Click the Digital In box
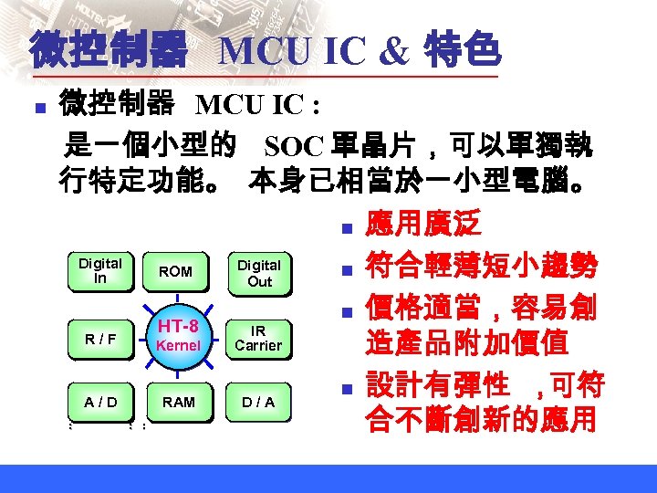[x=99, y=271]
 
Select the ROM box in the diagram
[x=175, y=271]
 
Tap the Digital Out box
[x=259, y=272]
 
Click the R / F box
[x=100, y=339]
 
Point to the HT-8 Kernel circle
[x=178, y=335]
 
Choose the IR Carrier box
[x=258, y=337]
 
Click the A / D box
[x=100, y=402]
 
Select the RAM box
[x=178, y=402]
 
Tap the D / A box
[x=258, y=402]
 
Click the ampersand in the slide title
[x=393, y=52]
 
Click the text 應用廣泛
[x=422, y=225]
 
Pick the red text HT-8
[x=178, y=326]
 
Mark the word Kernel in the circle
[x=178, y=345]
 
